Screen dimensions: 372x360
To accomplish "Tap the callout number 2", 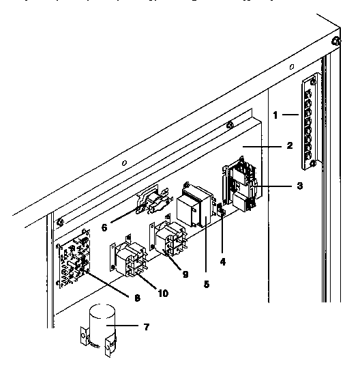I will point(289,145).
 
